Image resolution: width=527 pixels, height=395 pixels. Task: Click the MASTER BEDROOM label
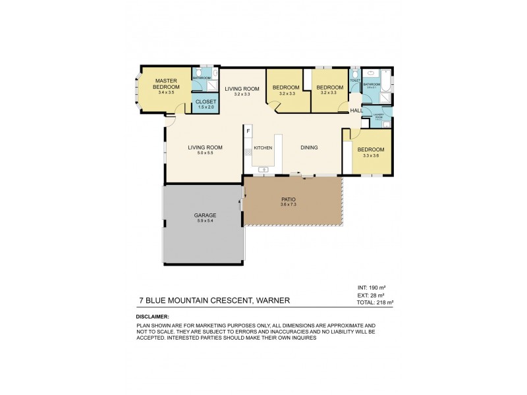coord(167,84)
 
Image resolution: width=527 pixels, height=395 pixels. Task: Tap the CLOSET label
coord(204,101)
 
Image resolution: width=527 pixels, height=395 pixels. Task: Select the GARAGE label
coord(205,215)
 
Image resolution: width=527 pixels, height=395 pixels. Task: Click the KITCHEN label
coord(263,148)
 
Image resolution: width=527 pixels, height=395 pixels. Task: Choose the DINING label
coord(310,148)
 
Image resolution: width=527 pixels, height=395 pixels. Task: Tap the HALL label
coord(356,111)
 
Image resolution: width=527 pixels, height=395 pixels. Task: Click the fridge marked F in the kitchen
coord(248,131)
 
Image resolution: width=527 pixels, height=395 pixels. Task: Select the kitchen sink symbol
coord(262,169)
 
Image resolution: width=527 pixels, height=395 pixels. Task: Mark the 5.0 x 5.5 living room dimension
coord(205,153)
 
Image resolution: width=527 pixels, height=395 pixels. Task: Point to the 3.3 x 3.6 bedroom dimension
coord(370,155)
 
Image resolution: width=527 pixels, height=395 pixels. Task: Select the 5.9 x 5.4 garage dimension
coord(205,221)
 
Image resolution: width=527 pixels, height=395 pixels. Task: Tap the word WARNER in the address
coord(272,300)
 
